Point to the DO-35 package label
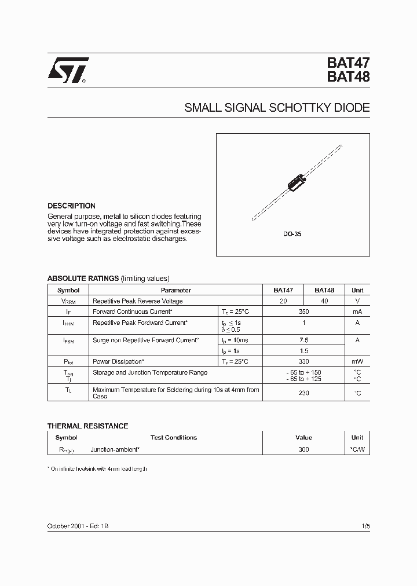pos(293,235)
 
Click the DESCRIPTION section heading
pos(71,206)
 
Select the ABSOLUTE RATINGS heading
pos(83,279)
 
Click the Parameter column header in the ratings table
pos(176,290)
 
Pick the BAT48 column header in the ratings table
pos(324,290)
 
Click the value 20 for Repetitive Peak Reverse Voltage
pos(283,301)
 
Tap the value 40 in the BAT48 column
pos(324,301)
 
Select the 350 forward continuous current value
pos(304,312)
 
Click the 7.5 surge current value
pos(304,340)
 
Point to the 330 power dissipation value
pos(304,361)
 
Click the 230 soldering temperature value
pos(304,393)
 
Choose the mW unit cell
pos(357,361)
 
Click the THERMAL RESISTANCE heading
pos(87,426)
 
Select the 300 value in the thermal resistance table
pos(304,449)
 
